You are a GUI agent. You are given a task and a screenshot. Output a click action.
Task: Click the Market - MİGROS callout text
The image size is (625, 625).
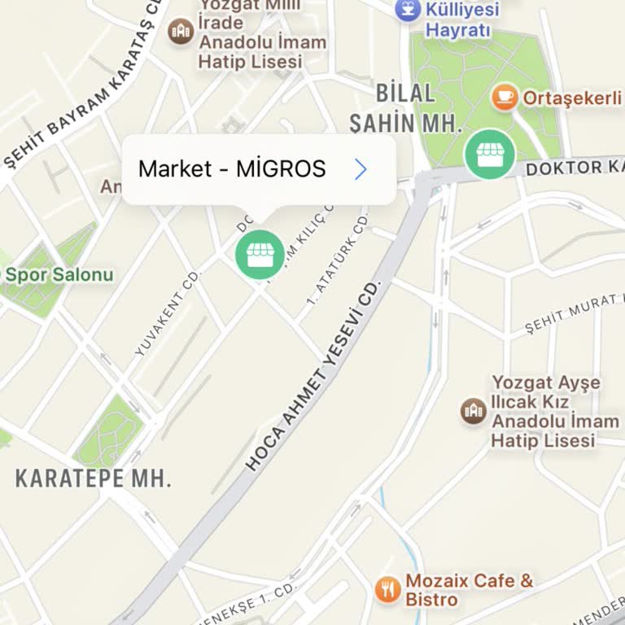tap(232, 169)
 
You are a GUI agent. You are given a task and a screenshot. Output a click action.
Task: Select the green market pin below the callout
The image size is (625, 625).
tap(260, 255)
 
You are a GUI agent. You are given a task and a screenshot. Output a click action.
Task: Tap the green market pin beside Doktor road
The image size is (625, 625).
tap(489, 154)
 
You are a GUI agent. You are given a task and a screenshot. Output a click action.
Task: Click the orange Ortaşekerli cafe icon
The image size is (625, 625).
tap(505, 98)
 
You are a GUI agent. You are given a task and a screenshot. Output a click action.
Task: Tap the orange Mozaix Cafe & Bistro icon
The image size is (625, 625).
tap(387, 589)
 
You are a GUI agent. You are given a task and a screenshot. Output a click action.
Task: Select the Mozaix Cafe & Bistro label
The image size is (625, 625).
tap(469, 590)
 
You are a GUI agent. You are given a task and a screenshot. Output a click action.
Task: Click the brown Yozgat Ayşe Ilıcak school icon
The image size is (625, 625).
tap(473, 410)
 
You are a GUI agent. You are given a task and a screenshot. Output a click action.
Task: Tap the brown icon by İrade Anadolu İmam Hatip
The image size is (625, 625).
tap(180, 32)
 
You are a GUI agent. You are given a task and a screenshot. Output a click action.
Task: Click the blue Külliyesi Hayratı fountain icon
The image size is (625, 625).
tap(407, 10)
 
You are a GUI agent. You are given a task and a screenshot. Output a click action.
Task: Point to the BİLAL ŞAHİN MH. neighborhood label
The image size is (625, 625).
tap(406, 108)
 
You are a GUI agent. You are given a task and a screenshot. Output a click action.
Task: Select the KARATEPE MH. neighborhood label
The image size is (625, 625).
tap(94, 478)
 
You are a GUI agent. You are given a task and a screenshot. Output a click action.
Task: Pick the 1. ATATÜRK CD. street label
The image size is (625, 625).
tap(337, 258)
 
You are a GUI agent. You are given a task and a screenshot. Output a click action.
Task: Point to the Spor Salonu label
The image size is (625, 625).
tap(59, 274)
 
